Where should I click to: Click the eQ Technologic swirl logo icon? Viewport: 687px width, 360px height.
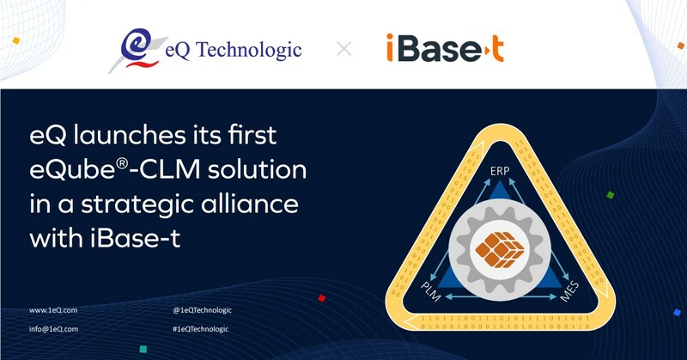(x=136, y=49)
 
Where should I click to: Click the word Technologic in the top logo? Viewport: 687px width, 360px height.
(x=248, y=50)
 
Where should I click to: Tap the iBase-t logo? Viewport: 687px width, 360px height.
(x=445, y=48)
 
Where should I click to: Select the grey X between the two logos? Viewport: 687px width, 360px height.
(x=344, y=49)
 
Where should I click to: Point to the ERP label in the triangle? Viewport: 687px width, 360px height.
(x=500, y=171)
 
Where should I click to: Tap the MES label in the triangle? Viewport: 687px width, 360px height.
(x=569, y=292)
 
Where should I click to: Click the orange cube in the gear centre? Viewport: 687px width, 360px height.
(x=500, y=249)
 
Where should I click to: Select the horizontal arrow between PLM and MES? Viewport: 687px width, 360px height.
(x=501, y=297)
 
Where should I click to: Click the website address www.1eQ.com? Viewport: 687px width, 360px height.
(x=53, y=310)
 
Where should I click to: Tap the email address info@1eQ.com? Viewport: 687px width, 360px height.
(x=53, y=329)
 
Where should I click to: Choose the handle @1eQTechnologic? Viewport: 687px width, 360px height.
(x=202, y=310)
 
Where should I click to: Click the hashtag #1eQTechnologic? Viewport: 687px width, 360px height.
(x=201, y=329)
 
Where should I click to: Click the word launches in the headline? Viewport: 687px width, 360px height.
(x=130, y=135)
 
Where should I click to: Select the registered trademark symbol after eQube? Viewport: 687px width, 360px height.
(x=123, y=163)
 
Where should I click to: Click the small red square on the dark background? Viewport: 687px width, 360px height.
(x=321, y=298)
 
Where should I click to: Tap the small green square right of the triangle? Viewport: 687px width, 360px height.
(x=611, y=195)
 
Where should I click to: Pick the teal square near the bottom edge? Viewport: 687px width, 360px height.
(x=143, y=350)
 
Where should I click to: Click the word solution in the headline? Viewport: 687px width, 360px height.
(x=257, y=169)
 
